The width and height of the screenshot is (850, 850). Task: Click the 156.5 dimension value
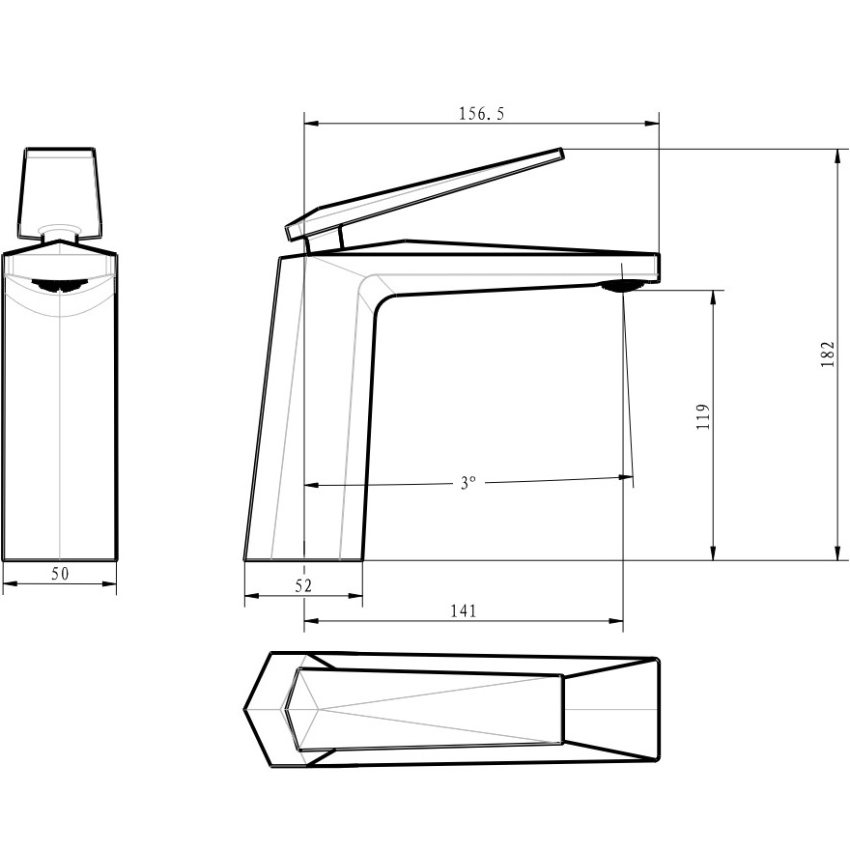click(x=481, y=114)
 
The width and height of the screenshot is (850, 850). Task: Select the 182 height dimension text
click(x=827, y=354)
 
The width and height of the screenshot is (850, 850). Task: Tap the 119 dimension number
click(x=702, y=417)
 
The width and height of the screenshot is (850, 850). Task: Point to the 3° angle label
click(x=467, y=482)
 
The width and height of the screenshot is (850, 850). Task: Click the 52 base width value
click(x=303, y=585)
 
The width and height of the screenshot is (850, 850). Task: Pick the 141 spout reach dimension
click(x=464, y=610)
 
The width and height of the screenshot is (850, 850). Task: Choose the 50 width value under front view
click(x=60, y=574)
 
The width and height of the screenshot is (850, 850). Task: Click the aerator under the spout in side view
click(x=622, y=285)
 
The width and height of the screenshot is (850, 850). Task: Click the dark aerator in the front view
click(x=60, y=285)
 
